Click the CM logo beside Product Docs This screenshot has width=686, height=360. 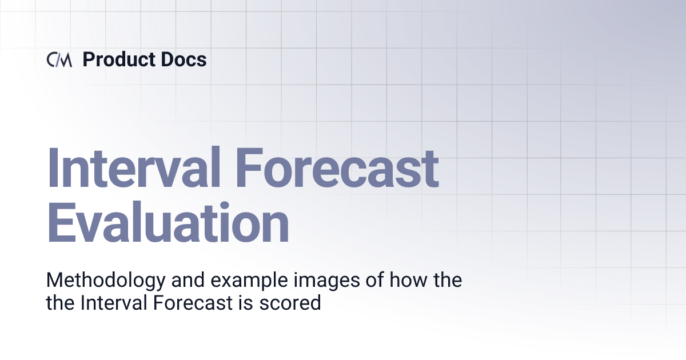pyautogui.click(x=59, y=59)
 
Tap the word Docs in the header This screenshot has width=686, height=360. pyautogui.click(x=184, y=59)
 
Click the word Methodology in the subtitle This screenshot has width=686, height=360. pyautogui.click(x=96, y=281)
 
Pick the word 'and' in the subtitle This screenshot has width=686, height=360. pyautogui.click(x=168, y=281)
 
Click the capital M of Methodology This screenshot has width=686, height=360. pyautogui.click(x=55, y=281)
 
